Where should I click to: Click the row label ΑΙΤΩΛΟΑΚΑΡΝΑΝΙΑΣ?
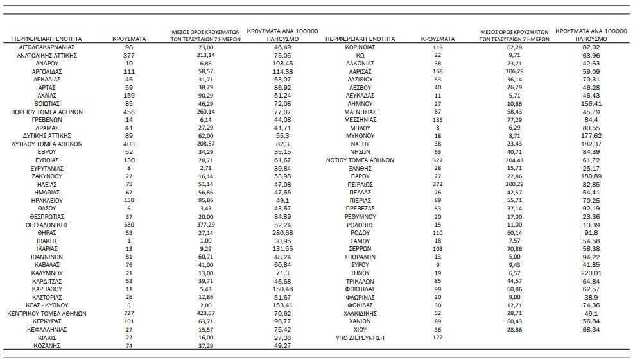pos(47,47)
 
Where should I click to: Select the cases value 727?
pos(129,313)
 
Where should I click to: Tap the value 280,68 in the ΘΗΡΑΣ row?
pos(282,233)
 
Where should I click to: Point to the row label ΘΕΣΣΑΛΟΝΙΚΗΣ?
pos(47,225)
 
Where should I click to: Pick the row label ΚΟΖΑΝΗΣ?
pos(47,345)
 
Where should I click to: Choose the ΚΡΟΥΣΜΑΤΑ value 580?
pos(129,225)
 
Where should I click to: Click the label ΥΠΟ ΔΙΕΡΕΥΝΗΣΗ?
pos(360,338)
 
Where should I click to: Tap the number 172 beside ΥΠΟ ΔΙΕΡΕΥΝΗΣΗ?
pos(438,338)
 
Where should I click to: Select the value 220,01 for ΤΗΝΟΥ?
pos(592,273)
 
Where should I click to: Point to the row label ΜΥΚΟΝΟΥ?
pos(360,136)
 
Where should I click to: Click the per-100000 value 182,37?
pos(592,144)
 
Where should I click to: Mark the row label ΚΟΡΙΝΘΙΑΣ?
pos(360,47)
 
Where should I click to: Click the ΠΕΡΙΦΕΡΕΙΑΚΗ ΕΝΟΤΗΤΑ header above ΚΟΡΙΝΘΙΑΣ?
pos(360,39)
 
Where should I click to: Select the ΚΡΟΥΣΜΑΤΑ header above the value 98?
pos(129,39)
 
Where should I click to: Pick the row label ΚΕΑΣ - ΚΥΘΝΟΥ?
pos(47,305)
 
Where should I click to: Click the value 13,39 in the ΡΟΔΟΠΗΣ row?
pos(592,225)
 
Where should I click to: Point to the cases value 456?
pos(129,112)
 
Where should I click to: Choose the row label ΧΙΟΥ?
pos(360,329)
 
